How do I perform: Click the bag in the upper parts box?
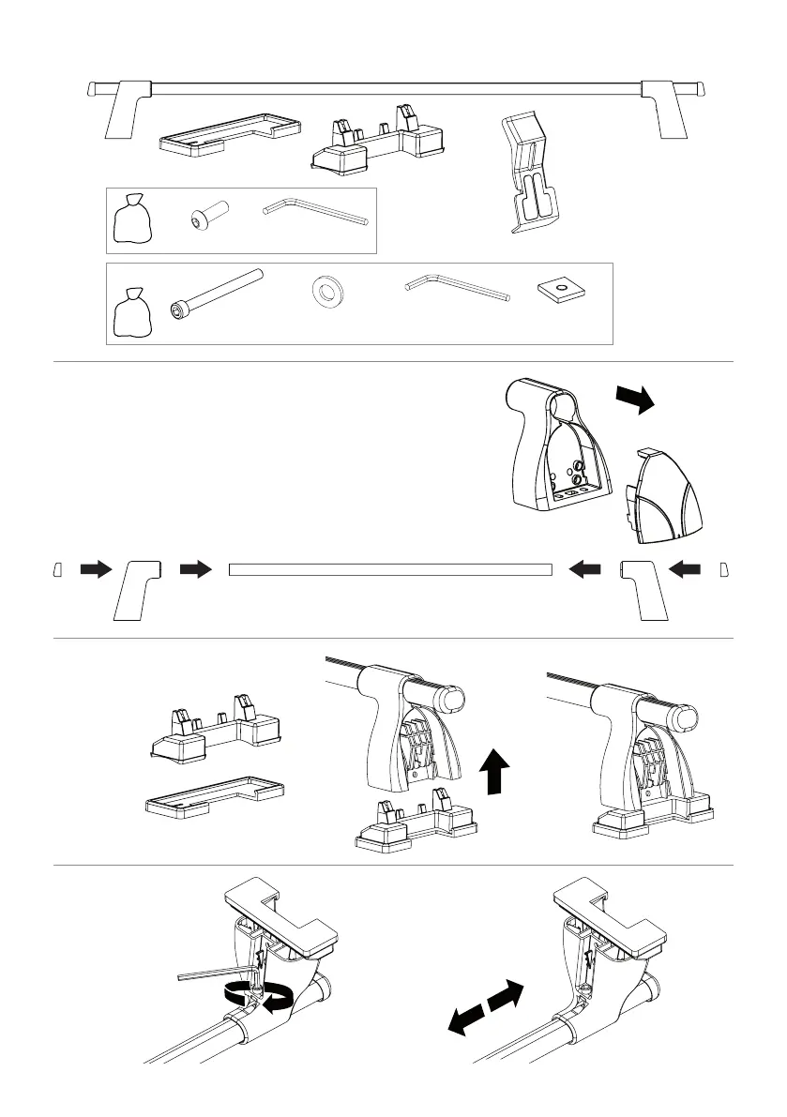pyautogui.click(x=132, y=220)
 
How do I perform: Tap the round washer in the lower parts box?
pyautogui.click(x=326, y=292)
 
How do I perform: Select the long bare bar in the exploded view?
pyautogui.click(x=390, y=569)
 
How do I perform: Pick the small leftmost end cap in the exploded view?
pyautogui.click(x=57, y=569)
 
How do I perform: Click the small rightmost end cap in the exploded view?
pyautogui.click(x=722, y=569)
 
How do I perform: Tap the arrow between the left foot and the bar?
pyautogui.click(x=196, y=569)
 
